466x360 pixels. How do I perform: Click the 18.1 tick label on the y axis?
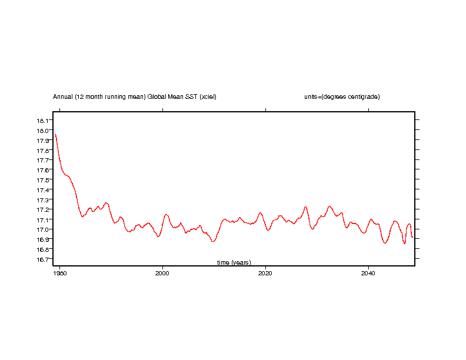(43, 121)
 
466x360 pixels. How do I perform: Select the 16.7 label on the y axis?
(43, 259)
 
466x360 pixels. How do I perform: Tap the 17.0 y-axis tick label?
(43, 229)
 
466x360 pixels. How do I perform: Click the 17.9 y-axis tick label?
(43, 141)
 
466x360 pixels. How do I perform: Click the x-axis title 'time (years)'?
(234, 262)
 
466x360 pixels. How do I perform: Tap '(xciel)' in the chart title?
(208, 96)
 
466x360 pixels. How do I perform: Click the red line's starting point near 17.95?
(55, 134)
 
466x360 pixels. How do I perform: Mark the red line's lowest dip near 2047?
(405, 244)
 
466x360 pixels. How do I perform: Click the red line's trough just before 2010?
(213, 241)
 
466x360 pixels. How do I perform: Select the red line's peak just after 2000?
(167, 214)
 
